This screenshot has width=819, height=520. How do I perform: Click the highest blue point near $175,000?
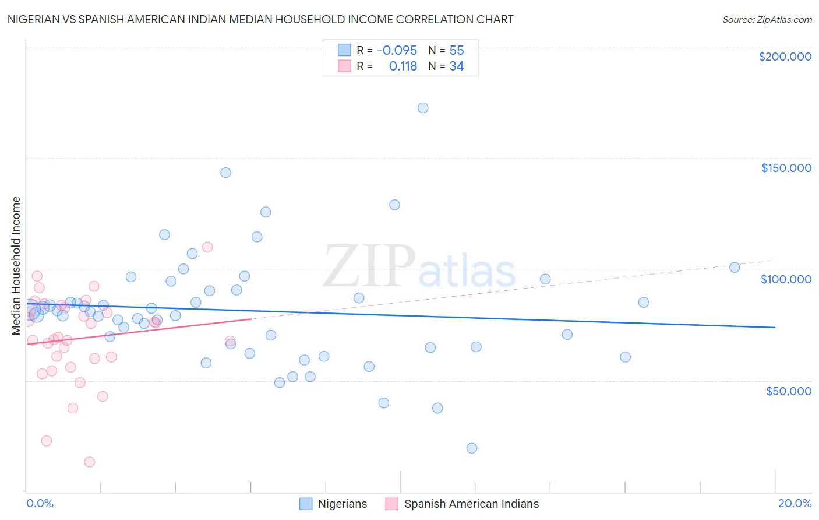(x=423, y=108)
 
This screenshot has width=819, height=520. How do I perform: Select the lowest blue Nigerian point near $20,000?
(x=472, y=448)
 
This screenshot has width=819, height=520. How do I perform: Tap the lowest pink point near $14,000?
(x=90, y=462)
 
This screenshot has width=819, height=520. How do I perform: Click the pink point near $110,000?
(x=207, y=247)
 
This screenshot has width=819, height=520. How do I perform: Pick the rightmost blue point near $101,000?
(x=735, y=268)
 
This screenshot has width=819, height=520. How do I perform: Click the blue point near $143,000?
(x=225, y=173)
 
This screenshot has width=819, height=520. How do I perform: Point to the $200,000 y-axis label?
(x=785, y=57)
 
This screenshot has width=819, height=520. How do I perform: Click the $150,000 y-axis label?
(x=786, y=168)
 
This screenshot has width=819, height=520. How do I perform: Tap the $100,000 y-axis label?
(x=786, y=279)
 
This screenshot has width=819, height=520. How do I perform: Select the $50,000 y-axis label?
(x=788, y=391)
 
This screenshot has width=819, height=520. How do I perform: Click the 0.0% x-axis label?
(x=40, y=503)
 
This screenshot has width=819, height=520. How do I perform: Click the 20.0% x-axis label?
(x=795, y=503)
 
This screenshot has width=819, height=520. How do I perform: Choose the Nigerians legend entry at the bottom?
(x=342, y=504)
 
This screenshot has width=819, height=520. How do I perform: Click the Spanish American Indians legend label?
(x=471, y=504)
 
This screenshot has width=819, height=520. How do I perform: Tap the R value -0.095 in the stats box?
(x=397, y=51)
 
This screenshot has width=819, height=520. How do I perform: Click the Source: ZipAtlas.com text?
(x=767, y=20)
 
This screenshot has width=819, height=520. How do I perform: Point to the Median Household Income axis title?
(x=16, y=266)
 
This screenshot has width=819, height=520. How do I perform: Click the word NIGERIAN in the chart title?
(x=36, y=20)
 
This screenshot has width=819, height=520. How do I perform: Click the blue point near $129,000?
(x=394, y=205)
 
